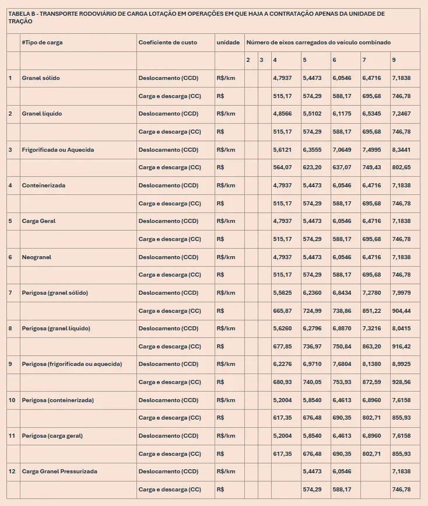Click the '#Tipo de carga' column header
click(42, 43)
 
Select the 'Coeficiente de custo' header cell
click(167, 43)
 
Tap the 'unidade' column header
click(228, 43)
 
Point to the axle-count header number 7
click(364, 60)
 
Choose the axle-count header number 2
click(248, 60)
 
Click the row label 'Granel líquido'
click(42, 114)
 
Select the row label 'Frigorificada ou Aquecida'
click(58, 149)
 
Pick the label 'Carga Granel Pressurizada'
click(59, 471)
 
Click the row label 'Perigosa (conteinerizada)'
click(58, 400)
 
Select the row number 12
click(12, 471)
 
